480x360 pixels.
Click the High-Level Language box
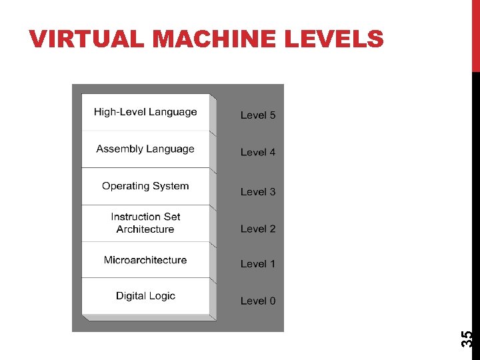coord(145,112)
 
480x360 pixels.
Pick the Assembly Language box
coord(145,149)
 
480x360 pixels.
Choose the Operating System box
coord(145,186)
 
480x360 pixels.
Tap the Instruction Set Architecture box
coord(145,223)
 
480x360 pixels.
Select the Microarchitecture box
coord(145,260)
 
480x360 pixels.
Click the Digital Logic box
coord(145,296)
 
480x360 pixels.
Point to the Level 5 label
coord(258,115)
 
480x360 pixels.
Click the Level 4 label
coord(258,153)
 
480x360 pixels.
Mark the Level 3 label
coord(258,192)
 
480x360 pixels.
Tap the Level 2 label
coord(258,229)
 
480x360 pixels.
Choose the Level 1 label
coord(258,264)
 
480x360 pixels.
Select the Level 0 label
coord(258,301)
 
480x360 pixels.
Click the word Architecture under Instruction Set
coord(145,229)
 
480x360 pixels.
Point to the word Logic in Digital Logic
coord(160,296)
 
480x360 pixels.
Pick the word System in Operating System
coord(171,186)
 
